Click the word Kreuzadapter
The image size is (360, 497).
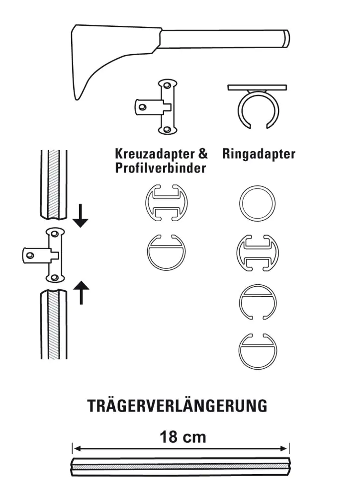[x=155, y=154]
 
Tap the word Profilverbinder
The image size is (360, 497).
[x=161, y=168]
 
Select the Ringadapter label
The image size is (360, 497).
[x=259, y=154]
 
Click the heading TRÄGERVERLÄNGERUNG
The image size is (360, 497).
[x=178, y=406]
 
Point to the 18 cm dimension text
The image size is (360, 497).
[x=183, y=437]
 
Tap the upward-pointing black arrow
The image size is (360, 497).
[x=81, y=293]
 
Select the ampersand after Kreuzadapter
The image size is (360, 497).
[x=203, y=154]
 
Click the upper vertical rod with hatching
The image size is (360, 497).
[x=54, y=185]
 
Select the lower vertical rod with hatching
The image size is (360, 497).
[x=54, y=324]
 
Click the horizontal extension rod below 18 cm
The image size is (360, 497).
[x=180, y=467]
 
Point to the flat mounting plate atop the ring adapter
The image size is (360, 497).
[x=257, y=87]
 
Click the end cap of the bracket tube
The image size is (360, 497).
[x=286, y=39]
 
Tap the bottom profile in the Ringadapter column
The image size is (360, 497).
[x=258, y=351]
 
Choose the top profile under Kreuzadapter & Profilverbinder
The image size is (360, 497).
[x=166, y=203]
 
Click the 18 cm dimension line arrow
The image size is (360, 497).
[x=180, y=449]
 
